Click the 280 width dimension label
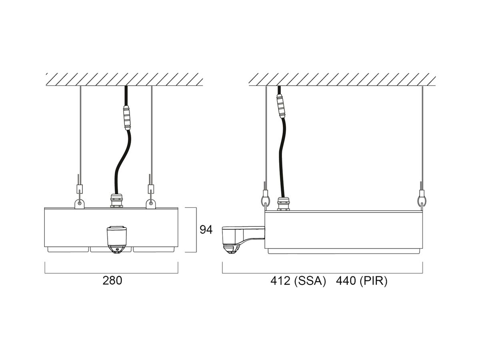112,281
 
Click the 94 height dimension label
206,230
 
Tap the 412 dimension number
280,281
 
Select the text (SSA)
310,281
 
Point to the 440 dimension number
346,281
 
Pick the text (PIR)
374,281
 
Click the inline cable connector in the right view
282,106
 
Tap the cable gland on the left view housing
116,200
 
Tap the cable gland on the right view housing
284,204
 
